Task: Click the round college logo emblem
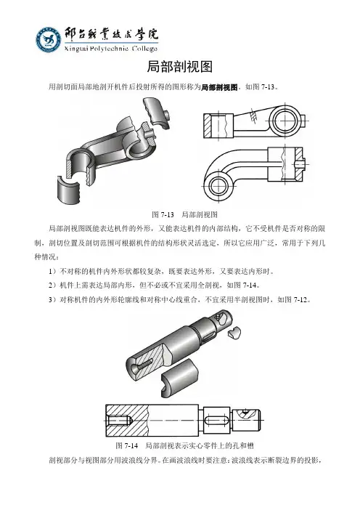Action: click(49, 40)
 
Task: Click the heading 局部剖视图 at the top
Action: click(180, 67)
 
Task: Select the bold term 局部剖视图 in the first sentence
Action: click(220, 87)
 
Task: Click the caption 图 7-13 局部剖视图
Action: click(184, 214)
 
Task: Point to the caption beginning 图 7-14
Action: click(184, 445)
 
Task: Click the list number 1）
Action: click(53, 271)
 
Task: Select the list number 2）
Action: click(53, 286)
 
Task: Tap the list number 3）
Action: click(53, 300)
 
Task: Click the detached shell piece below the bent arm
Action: click(69, 190)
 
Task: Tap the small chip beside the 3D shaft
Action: click(234, 333)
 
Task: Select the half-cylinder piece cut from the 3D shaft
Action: click(180, 378)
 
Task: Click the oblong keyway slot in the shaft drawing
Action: click(217, 421)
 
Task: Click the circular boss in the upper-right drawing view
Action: click(285, 121)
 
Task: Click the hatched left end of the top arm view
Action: click(208, 126)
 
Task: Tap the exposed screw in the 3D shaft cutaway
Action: click(144, 365)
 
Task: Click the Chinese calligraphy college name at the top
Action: click(111, 34)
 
